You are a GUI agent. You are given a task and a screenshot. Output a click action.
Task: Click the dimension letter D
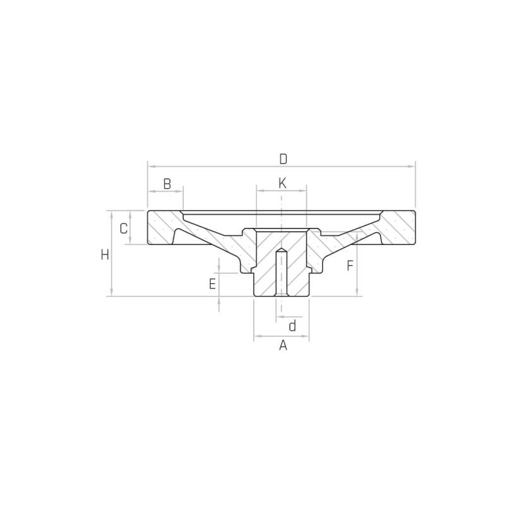click(283, 159)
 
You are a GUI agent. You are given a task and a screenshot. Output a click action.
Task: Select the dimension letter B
click(167, 184)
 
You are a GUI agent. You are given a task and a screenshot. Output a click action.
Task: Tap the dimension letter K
click(282, 183)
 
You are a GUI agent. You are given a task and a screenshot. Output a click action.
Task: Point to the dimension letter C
click(124, 229)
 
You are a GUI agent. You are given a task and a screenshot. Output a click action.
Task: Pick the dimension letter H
click(105, 255)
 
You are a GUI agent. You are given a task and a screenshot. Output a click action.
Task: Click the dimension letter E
click(212, 284)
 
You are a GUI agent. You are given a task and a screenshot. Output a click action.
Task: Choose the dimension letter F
click(350, 266)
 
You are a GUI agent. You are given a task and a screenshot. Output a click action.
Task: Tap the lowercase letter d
click(292, 326)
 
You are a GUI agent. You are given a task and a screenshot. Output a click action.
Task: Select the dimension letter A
click(283, 345)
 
